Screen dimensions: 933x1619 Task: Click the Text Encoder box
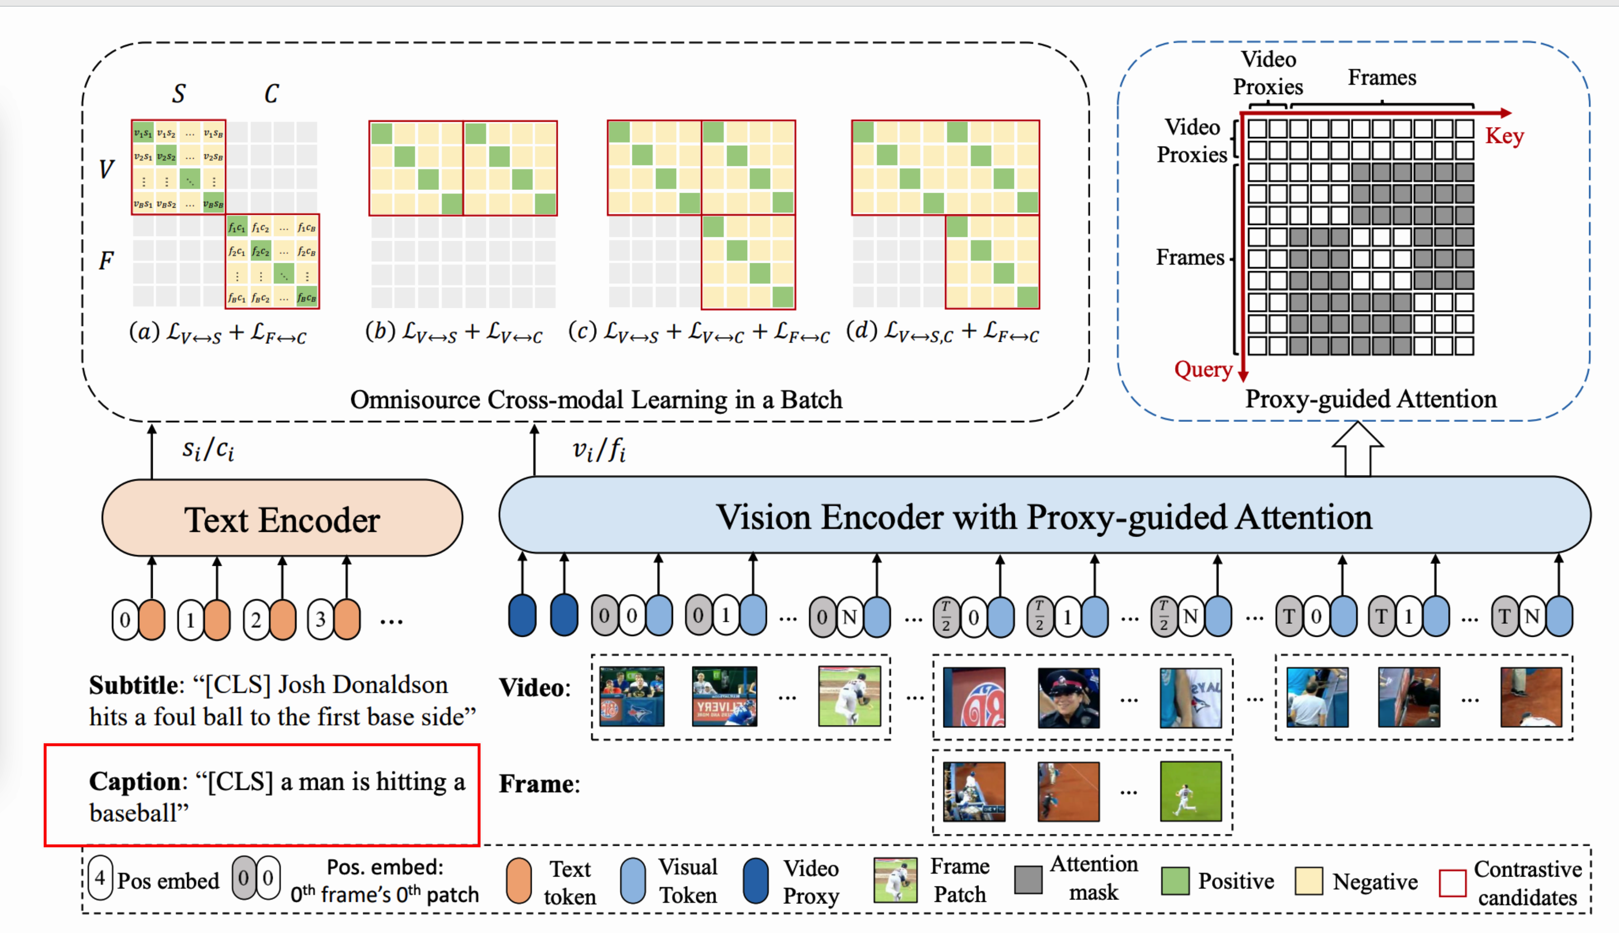[x=282, y=518]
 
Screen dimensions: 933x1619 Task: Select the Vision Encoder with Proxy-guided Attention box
[x=1044, y=516]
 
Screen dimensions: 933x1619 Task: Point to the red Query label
[x=1203, y=370]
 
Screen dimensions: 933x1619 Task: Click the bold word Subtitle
[x=134, y=685]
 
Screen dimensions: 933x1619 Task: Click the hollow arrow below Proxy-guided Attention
[x=1357, y=449]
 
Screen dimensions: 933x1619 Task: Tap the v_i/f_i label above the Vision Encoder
[x=599, y=451]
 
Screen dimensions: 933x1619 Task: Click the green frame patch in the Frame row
[x=1190, y=792]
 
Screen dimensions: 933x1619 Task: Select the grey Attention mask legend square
[x=1028, y=880]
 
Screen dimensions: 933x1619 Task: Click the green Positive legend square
[x=1175, y=881]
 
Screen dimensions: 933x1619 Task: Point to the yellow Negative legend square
[x=1309, y=881]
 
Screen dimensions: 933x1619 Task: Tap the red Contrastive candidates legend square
[x=1452, y=883]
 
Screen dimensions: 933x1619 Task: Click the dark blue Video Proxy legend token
[x=756, y=881]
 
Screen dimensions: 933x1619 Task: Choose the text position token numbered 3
[x=321, y=619]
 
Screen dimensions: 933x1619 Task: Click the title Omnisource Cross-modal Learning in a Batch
[x=595, y=400]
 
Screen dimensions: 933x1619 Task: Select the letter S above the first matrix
[x=179, y=93]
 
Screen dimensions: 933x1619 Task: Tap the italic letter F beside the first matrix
[x=106, y=261]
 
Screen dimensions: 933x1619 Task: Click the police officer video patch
[x=1068, y=698]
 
